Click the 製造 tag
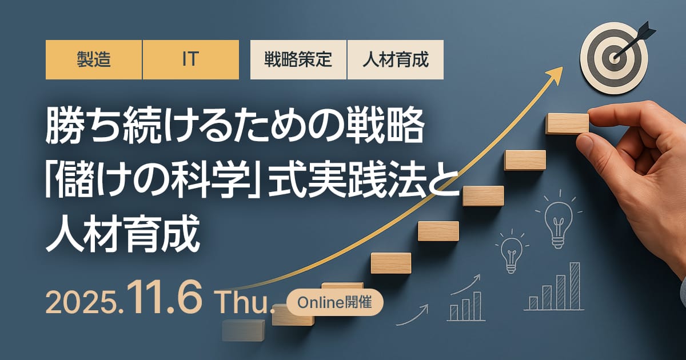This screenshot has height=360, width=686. (x=94, y=59)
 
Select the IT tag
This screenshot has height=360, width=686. (x=191, y=59)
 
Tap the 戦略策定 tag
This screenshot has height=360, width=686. (x=298, y=59)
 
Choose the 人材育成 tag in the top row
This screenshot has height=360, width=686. (x=396, y=59)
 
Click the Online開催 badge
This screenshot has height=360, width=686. (x=335, y=302)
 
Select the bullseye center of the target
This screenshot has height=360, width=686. (x=614, y=57)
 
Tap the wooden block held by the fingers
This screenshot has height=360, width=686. (x=567, y=123)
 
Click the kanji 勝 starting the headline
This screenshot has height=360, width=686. (x=63, y=126)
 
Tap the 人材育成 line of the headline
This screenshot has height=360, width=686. (x=122, y=234)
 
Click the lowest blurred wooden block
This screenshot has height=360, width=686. (x=244, y=330)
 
